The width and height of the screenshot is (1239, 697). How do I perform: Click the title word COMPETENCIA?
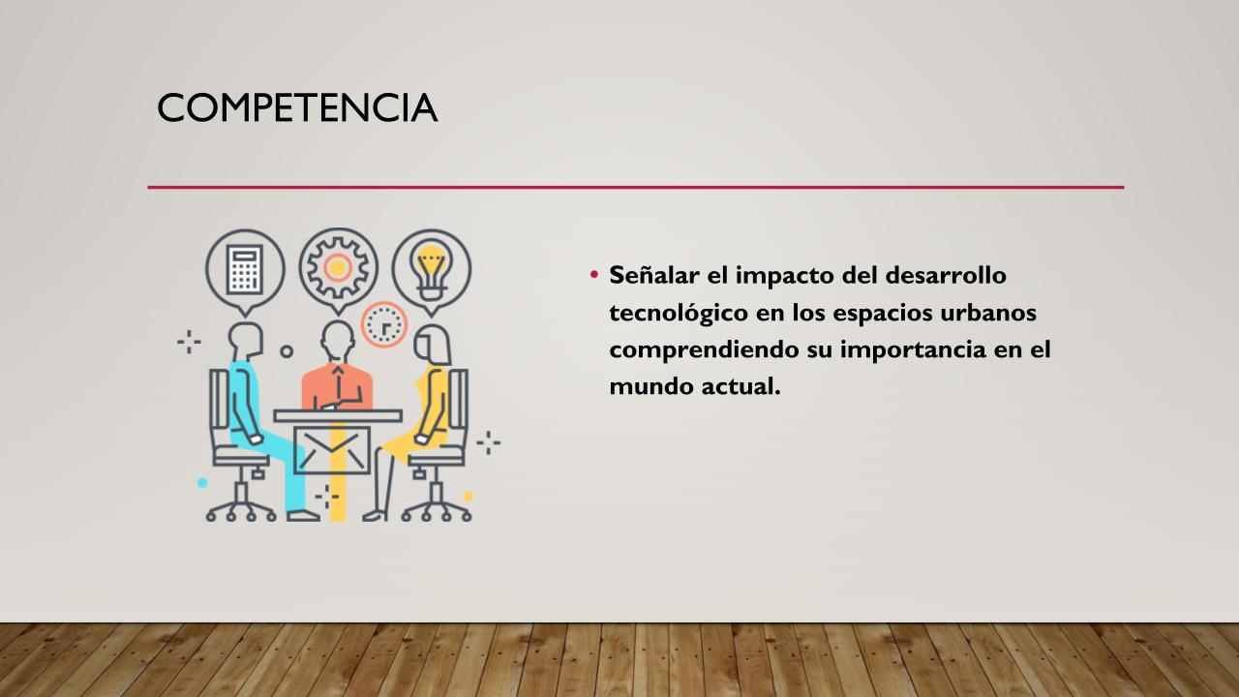tap(297, 107)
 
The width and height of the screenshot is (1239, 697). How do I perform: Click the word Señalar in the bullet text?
tap(654, 275)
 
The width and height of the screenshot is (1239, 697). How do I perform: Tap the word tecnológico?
tap(679, 314)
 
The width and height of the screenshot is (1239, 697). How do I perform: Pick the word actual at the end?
tap(741, 386)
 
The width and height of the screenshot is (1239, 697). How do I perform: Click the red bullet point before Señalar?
tap(594, 274)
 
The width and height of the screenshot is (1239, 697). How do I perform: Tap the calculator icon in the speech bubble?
tap(245, 269)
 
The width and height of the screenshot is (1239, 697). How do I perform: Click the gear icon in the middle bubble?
tap(338, 268)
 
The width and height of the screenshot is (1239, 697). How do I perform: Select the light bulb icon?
tap(432, 269)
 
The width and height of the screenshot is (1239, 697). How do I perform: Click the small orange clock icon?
tap(384, 324)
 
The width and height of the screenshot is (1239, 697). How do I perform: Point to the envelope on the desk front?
tap(331, 450)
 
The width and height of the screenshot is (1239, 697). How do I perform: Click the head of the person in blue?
tap(246, 340)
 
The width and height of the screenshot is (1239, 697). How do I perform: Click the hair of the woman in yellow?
tap(433, 344)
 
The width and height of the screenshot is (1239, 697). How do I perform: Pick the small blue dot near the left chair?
tap(202, 482)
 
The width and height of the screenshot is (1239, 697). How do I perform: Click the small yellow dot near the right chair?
tap(468, 497)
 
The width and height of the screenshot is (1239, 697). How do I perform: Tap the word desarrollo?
tap(946, 275)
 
